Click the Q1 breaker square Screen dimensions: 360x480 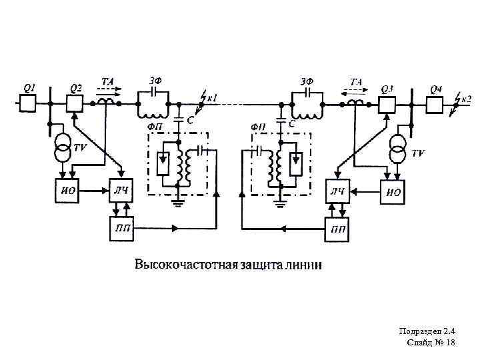[28, 104]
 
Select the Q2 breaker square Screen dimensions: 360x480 [73, 104]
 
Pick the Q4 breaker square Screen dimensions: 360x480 [435, 104]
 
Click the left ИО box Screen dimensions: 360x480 [66, 192]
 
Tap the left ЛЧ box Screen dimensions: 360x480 [121, 192]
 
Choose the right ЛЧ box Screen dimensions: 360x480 [338, 192]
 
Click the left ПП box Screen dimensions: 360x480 [121, 229]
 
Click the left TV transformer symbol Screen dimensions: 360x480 [63, 150]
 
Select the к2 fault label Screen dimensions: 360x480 [466, 99]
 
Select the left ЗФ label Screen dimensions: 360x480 [155, 81]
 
